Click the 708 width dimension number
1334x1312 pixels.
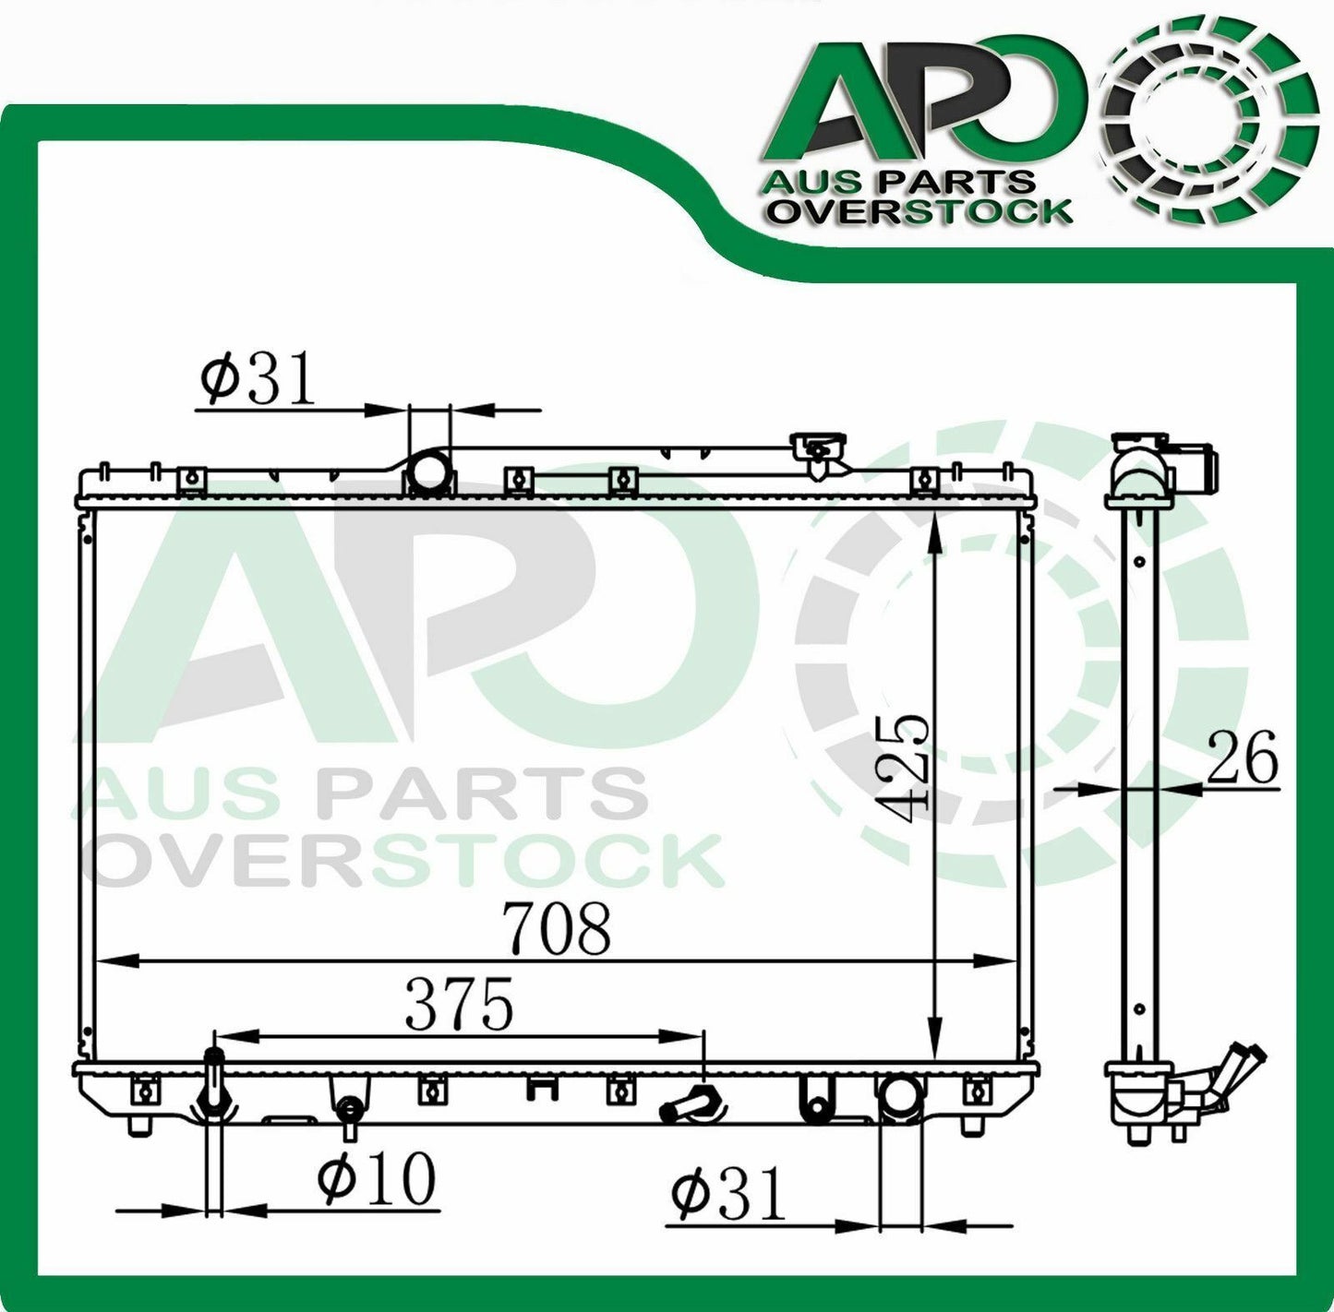557,928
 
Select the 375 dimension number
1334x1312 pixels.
459,1004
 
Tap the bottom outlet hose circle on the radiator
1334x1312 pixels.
900,1096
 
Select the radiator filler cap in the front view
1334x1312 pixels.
819,454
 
